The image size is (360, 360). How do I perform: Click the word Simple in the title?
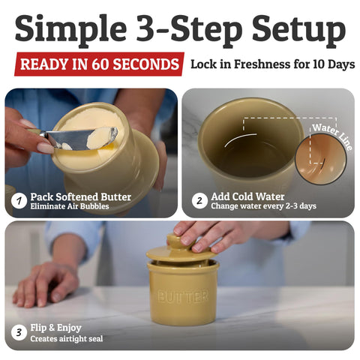point(71,29)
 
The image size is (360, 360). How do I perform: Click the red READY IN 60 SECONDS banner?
point(100,64)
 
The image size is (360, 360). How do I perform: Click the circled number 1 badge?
point(19,201)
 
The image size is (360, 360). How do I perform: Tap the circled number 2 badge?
point(199,200)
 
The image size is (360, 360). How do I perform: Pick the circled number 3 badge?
point(19,332)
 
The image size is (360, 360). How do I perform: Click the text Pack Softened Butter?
point(81,197)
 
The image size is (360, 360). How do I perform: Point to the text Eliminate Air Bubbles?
point(70,206)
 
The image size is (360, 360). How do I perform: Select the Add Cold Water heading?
point(247,196)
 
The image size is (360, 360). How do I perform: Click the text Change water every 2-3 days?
point(264,206)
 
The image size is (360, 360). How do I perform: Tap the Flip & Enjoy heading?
point(56,328)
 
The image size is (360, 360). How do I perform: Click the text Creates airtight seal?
point(67,339)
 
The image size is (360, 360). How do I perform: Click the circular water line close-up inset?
point(321,159)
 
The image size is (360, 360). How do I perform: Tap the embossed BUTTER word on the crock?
point(183,296)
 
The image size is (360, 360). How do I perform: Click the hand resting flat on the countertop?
point(46,284)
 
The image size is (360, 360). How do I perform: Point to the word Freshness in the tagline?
point(262,64)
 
